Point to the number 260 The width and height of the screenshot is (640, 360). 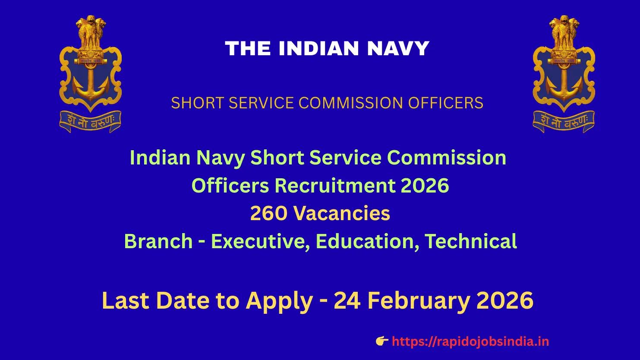coord(268,213)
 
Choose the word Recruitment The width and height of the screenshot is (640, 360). coord(335,186)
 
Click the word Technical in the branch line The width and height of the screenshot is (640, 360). coord(471,241)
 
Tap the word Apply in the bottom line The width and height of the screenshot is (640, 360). coord(279,301)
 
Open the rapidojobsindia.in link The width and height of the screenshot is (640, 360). coord(470,341)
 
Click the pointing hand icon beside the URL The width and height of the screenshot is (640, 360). coord(382,341)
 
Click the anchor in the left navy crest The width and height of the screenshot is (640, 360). coord(90,82)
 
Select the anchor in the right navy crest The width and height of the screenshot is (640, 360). coord(564,82)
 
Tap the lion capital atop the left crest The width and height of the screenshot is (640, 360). coord(90,32)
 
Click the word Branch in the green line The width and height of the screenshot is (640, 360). coord(158,241)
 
